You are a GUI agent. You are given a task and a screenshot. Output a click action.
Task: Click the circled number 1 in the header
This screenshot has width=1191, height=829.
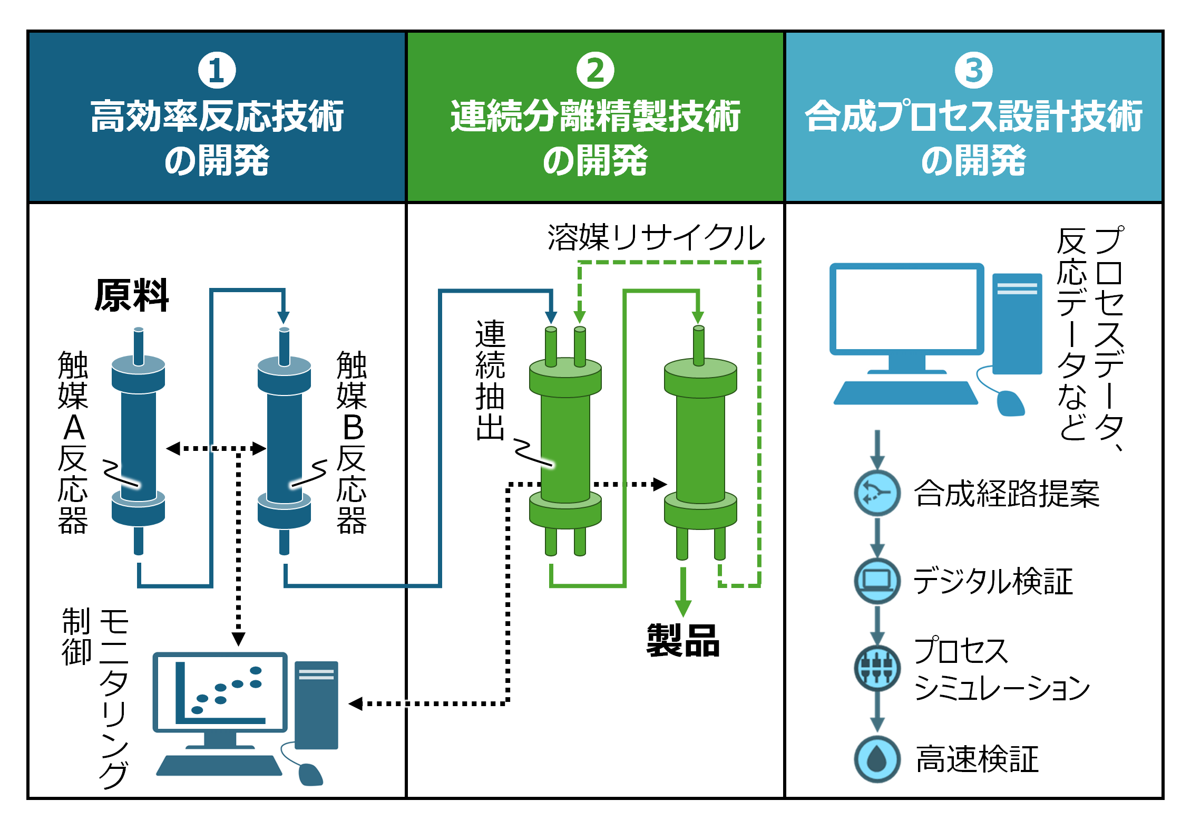(217, 70)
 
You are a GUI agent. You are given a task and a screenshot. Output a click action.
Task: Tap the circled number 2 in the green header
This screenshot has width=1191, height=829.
(595, 70)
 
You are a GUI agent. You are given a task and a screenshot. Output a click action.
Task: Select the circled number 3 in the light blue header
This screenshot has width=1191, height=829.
(973, 70)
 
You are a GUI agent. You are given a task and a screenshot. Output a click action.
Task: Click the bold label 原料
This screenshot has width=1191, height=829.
(132, 295)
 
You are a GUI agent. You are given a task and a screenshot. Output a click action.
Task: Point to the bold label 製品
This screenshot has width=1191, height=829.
(683, 641)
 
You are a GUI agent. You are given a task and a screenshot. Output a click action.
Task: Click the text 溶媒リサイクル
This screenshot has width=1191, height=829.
(656, 237)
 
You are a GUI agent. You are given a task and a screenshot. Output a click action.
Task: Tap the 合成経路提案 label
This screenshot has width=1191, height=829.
(1007, 494)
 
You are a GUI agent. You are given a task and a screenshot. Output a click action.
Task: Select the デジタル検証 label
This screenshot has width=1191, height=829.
(993, 581)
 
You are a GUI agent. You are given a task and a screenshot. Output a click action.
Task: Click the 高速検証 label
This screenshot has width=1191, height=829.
(978, 759)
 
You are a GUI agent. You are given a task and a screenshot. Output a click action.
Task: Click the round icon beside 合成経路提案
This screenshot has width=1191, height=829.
(877, 493)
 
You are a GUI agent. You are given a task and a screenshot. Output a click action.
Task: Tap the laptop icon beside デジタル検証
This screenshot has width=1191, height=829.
(877, 581)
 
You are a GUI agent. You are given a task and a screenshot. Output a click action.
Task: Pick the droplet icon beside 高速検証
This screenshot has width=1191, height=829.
(877, 759)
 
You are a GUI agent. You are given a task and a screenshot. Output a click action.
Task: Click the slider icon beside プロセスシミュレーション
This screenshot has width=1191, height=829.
(877, 668)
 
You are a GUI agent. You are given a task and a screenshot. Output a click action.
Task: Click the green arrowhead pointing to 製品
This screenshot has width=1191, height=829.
(683, 608)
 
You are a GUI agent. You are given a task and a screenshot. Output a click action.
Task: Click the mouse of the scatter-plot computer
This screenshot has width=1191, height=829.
(310, 774)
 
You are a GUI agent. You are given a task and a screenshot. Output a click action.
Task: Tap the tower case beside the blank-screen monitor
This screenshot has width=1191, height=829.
(1017, 323)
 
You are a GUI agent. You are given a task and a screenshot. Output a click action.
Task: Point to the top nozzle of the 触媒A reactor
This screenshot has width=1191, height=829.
(139, 345)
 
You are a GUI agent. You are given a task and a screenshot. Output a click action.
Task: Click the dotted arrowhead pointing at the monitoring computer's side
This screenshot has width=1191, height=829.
(356, 703)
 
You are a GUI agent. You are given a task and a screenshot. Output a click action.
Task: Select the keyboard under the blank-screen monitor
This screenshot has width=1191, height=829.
(905, 393)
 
